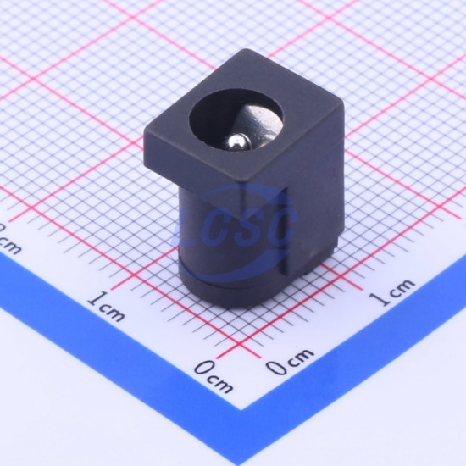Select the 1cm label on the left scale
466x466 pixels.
click(x=106, y=307)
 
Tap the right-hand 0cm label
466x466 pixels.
click(x=289, y=361)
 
